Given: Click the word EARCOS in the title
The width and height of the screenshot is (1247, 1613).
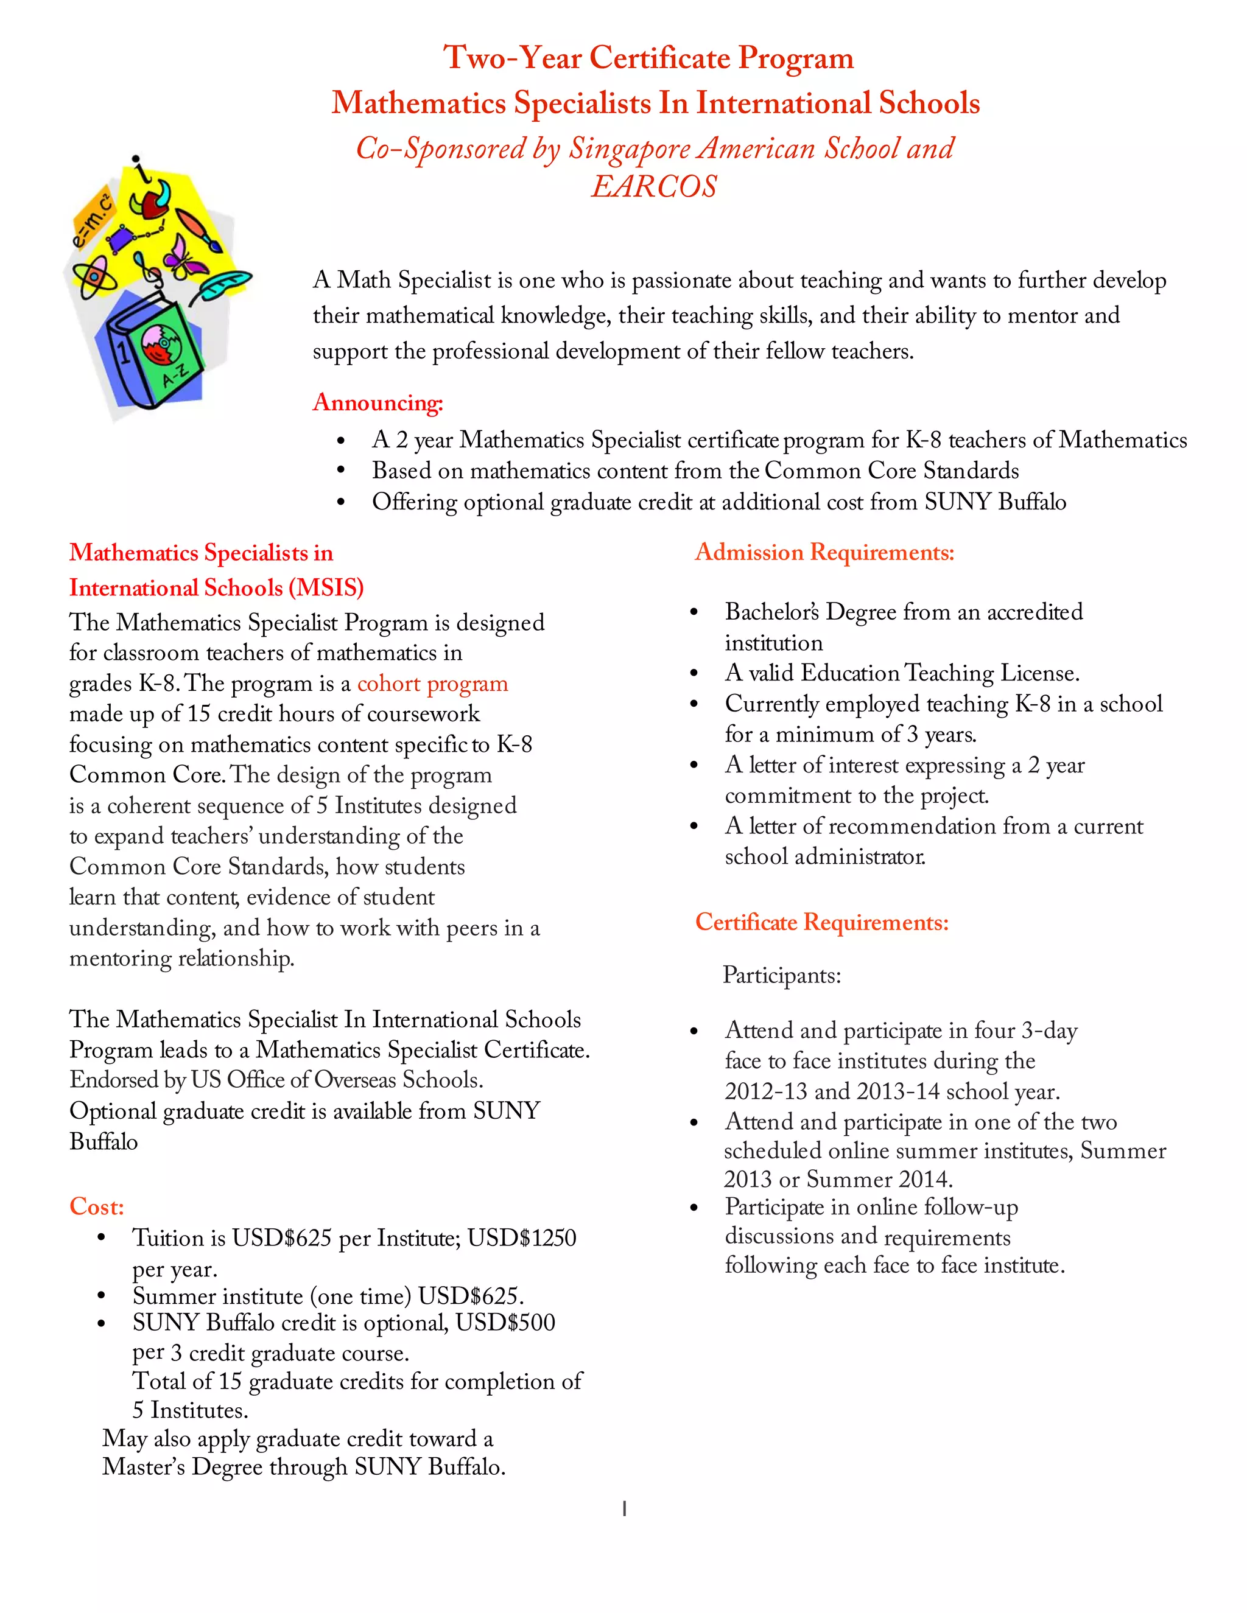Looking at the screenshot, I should (x=654, y=186).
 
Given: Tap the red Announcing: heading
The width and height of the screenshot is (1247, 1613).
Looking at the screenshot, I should (x=378, y=402).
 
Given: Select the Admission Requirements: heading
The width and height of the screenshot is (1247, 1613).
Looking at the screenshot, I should (x=824, y=553).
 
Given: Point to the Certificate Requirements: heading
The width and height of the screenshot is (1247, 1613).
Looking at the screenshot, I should (x=821, y=922).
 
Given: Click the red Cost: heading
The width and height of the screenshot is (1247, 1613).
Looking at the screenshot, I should (x=96, y=1207).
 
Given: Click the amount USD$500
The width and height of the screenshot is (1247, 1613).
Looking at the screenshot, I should (x=505, y=1323).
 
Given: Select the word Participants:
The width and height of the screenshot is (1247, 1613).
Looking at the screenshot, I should (x=782, y=976).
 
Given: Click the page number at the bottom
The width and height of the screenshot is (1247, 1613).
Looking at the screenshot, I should (x=624, y=1509).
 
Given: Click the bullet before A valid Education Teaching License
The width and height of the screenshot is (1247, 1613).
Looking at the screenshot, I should (x=694, y=674).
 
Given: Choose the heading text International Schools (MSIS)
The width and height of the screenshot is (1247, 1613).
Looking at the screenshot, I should (x=216, y=588).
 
